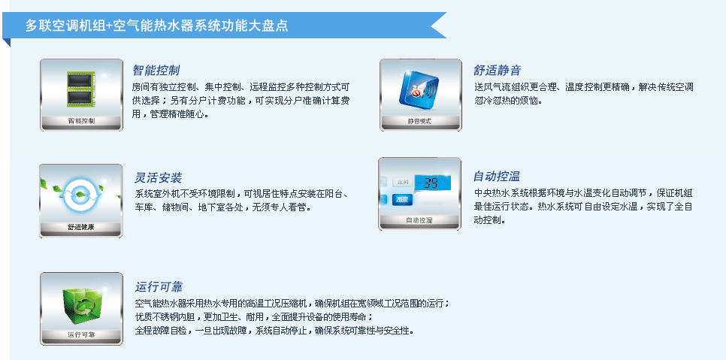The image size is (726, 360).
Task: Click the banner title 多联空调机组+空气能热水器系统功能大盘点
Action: click(156, 26)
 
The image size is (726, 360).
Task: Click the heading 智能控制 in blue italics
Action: click(156, 71)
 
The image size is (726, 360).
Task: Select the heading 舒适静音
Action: click(498, 71)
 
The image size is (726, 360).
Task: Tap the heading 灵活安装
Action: click(158, 177)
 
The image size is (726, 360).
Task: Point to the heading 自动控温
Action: click(496, 177)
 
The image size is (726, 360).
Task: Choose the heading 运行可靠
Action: click(159, 287)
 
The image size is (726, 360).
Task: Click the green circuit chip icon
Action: click(81, 89)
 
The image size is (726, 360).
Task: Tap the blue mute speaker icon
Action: click(419, 89)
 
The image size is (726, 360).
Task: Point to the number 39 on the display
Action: click(431, 183)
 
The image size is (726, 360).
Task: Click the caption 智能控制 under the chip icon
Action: click(81, 121)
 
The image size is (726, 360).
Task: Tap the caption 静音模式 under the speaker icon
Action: click(419, 122)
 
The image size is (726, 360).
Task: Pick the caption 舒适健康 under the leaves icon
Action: click(81, 227)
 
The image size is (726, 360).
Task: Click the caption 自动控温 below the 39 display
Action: click(419, 220)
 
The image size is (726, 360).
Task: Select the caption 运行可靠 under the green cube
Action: click(81, 334)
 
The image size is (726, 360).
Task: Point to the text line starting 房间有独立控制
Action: click(240, 86)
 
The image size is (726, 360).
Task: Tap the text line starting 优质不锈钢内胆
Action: click(254, 317)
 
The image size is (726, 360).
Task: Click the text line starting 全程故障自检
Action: click(274, 331)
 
